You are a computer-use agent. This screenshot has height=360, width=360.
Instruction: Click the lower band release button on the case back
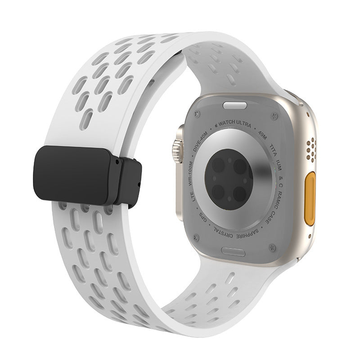pos(233,252)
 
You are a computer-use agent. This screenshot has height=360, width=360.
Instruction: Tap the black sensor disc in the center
pos(229,179)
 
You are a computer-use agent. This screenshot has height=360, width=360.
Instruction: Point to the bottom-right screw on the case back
pos(271,247)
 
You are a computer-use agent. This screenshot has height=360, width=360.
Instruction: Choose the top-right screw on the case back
pos(273,118)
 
